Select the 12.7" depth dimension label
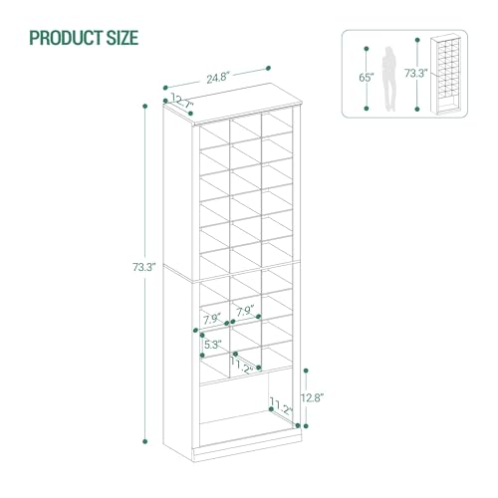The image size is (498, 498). tap(183, 101)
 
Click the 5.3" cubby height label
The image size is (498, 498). tap(212, 346)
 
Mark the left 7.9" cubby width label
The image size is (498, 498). tap(212, 319)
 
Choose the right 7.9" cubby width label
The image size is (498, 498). tap(245, 311)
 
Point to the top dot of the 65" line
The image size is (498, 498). tap(367, 46)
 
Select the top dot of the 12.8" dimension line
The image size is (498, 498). tap(303, 366)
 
